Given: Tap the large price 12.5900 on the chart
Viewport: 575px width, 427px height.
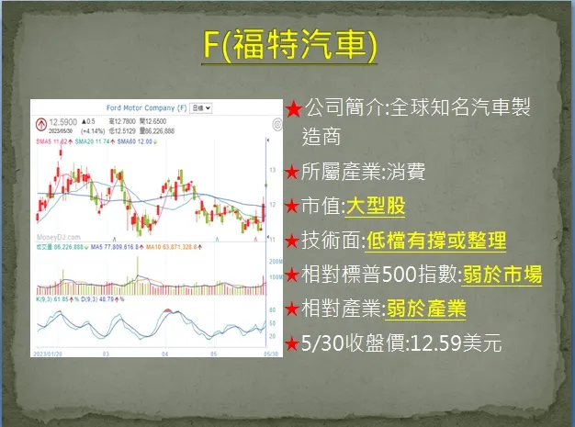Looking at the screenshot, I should click(x=63, y=122).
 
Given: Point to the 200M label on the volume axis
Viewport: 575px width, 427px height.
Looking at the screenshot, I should click(x=273, y=262).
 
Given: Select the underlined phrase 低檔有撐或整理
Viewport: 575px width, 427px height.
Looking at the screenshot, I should click(x=435, y=241).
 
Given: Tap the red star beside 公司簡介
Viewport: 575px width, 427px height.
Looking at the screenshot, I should click(x=293, y=109).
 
